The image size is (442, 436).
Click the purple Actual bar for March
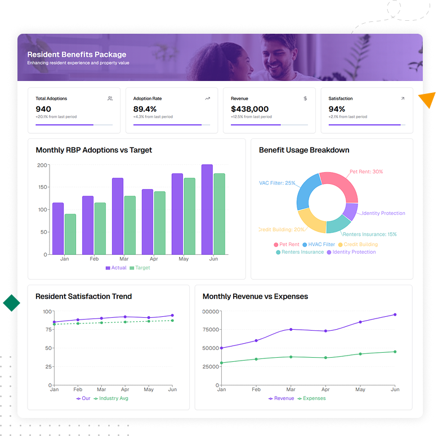click(117, 217)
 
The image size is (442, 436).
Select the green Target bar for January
click(70, 234)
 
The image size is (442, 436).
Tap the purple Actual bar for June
click(207, 209)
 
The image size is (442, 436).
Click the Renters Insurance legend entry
click(300, 252)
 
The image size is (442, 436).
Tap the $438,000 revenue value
click(249, 109)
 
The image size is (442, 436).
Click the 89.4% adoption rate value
click(145, 109)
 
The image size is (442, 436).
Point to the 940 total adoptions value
click(43, 109)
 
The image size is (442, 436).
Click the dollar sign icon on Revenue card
click(305, 98)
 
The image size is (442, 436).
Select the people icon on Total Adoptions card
click(110, 98)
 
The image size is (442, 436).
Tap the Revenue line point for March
click(291, 329)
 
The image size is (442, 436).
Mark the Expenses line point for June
click(395, 352)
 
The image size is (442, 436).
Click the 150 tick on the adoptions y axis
click(42, 187)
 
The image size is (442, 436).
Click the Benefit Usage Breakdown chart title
click(304, 150)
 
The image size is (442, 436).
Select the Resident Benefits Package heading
click(77, 55)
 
